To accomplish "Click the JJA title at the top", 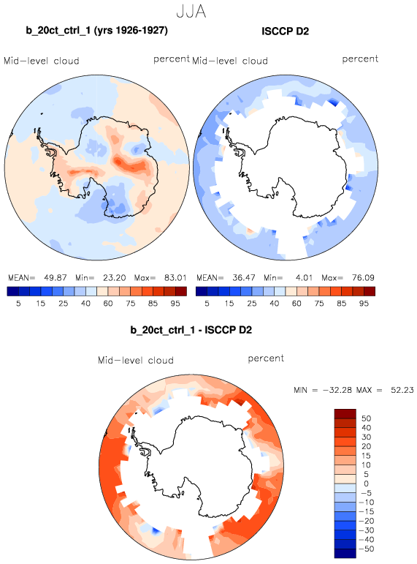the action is point(191,12).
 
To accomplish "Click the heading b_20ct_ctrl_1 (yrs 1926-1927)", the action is point(96,30).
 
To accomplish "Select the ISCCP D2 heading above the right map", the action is point(286,31).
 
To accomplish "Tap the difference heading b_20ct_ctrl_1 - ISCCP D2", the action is point(191,330).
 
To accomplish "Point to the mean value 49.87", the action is point(56,278).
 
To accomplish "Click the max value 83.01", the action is point(175,278).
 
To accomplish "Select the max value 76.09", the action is point(363,278).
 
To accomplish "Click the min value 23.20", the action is point(114,278).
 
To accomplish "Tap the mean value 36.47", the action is point(243,278).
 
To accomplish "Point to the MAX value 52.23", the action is point(402,390).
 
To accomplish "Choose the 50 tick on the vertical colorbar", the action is point(367,418).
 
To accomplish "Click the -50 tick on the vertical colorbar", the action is point(367,549).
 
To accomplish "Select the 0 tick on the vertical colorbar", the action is point(367,484).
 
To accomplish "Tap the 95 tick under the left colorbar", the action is point(175,304).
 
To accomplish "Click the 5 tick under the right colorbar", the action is point(207,304).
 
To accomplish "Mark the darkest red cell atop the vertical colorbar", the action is point(345,413).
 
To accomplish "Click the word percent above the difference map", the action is point(266,358).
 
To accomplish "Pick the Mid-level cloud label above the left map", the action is point(42,61).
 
